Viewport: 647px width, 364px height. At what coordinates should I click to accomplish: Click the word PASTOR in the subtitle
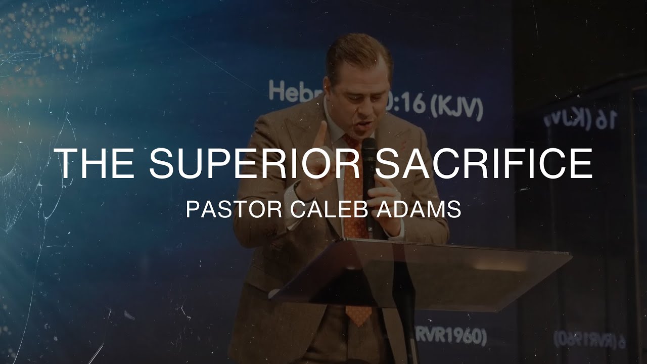pos(234,209)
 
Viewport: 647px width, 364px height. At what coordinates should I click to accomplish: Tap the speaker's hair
pos(356,51)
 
